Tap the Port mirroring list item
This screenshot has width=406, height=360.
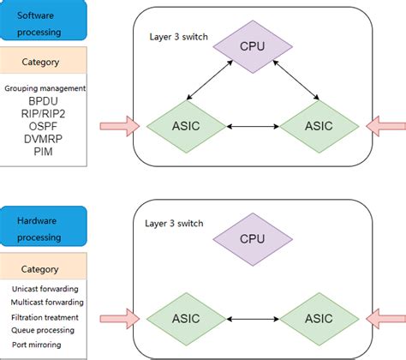click(x=36, y=344)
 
